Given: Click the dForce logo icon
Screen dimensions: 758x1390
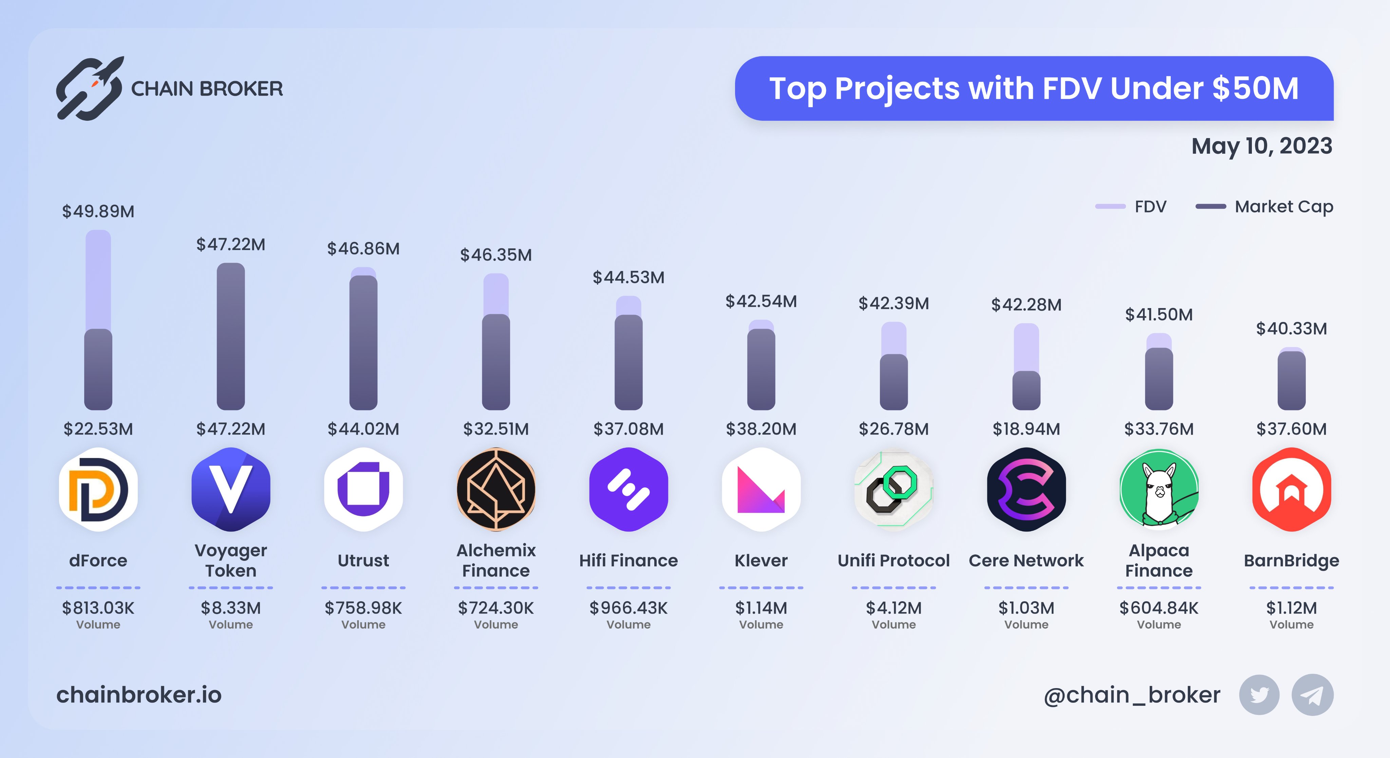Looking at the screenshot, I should (x=98, y=489).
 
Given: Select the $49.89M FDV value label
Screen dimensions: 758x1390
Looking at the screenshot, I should (x=98, y=211).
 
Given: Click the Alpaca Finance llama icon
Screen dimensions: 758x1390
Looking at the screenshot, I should (x=1159, y=489).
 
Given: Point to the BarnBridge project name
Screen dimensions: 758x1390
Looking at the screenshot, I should (x=1291, y=561).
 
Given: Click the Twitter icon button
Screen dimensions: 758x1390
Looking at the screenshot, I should (x=1259, y=695).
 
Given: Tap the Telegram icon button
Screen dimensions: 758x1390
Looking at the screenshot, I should (x=1312, y=695).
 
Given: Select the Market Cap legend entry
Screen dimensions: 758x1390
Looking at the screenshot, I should (x=1264, y=207).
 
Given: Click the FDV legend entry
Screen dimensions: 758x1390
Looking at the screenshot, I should (x=1131, y=207).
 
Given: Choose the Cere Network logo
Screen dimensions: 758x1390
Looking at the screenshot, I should (x=1026, y=489).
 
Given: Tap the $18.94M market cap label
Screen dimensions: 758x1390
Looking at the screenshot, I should (x=1026, y=429).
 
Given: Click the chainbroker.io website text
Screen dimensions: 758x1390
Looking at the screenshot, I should (x=139, y=695).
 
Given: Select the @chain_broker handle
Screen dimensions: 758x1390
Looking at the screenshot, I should (x=1131, y=695).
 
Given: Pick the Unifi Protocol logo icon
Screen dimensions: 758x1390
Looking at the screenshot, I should (x=894, y=489).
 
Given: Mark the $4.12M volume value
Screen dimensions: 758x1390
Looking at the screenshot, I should (x=894, y=608).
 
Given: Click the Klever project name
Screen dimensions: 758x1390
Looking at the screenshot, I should (x=761, y=561).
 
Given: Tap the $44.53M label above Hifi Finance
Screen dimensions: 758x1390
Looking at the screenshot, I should (x=628, y=277).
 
